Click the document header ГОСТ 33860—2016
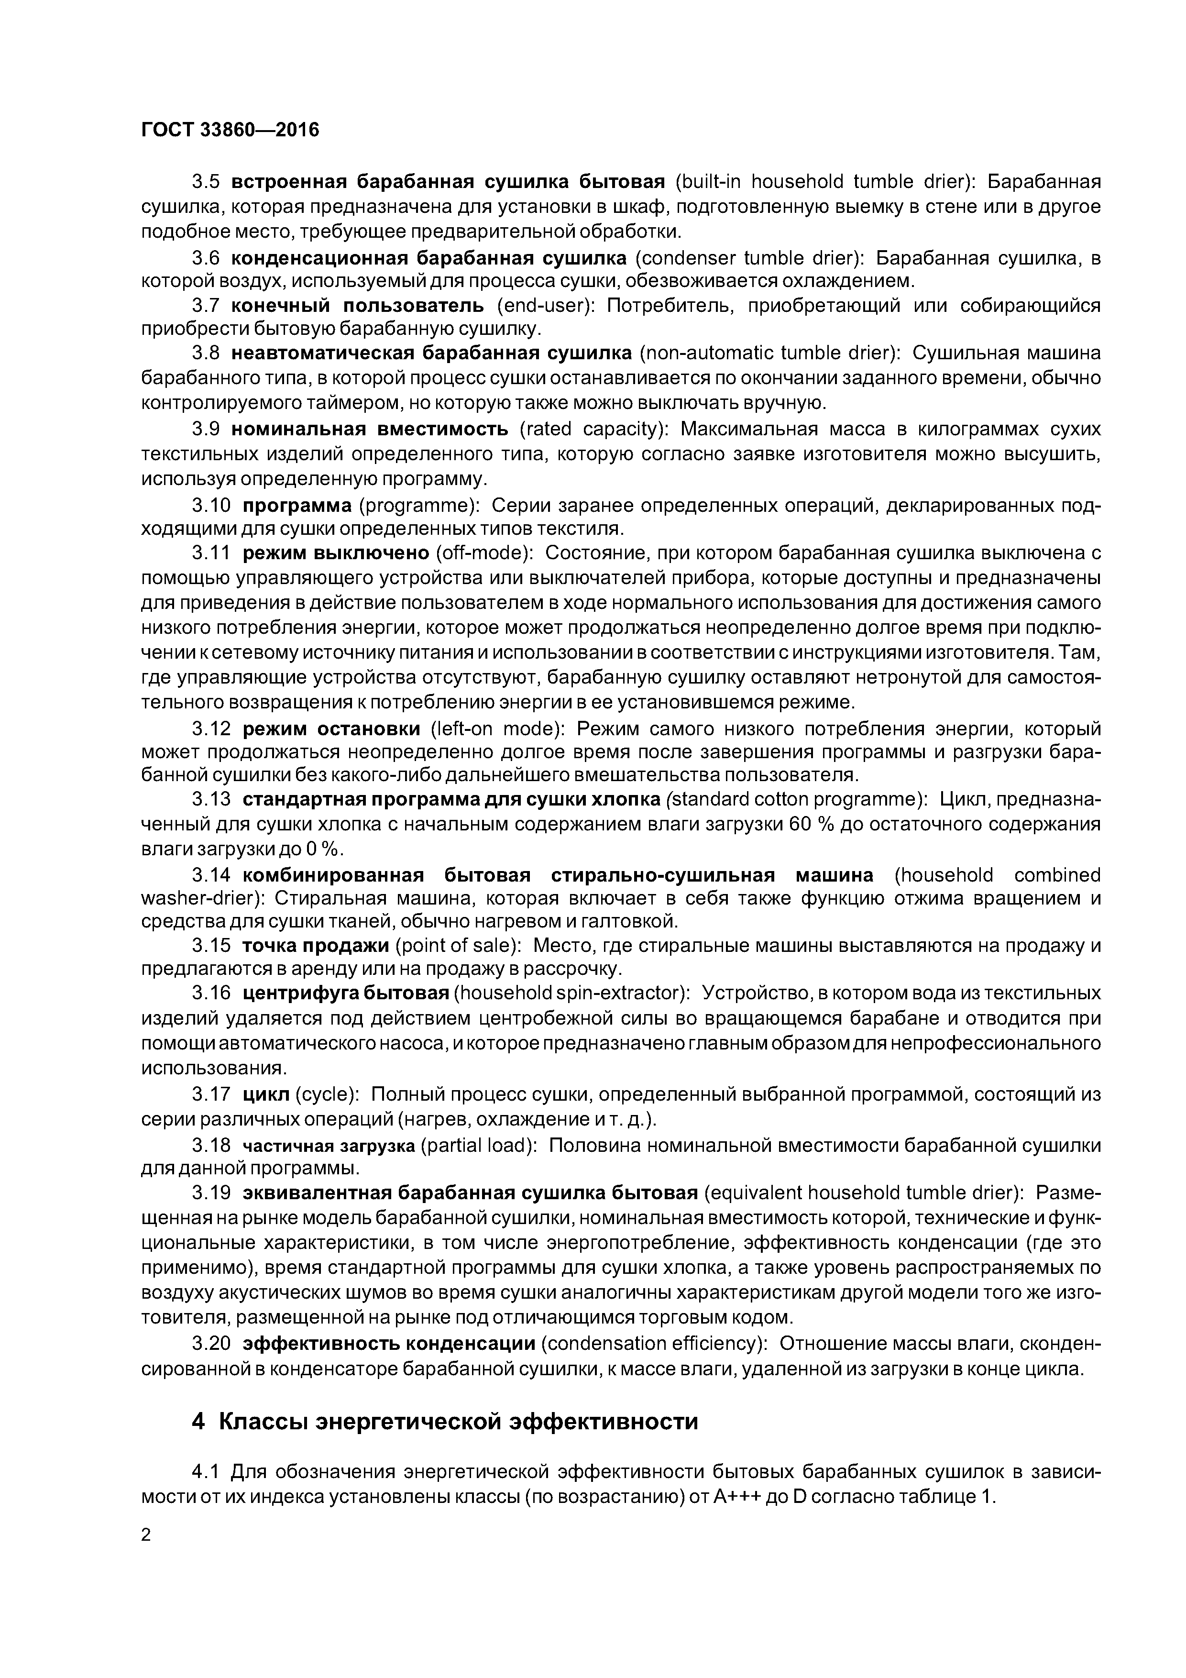pyautogui.click(x=230, y=130)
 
